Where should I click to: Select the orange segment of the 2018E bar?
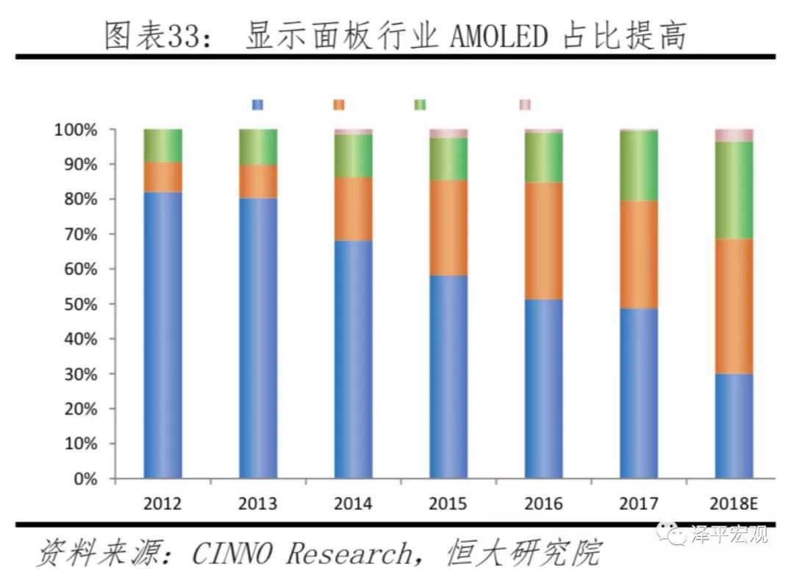734,306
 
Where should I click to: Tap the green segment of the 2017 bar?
638,165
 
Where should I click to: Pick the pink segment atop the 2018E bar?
734,135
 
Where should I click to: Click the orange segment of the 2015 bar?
448,228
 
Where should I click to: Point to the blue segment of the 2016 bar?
543,389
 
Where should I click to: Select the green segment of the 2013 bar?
258,147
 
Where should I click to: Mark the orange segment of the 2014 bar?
353,209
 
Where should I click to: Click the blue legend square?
257,104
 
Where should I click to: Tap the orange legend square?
339,104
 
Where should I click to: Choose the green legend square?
420,104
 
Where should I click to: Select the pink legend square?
524,104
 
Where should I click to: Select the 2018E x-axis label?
734,504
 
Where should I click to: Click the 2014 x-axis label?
353,504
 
